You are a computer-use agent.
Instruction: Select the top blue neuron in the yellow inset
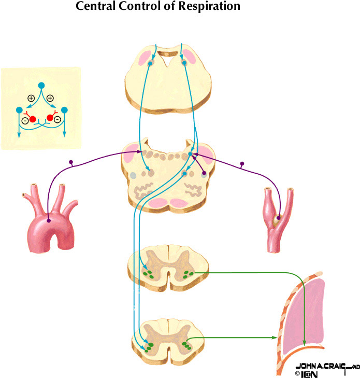42,85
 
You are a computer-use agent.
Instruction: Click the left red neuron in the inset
33,119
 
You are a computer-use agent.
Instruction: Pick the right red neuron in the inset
50,118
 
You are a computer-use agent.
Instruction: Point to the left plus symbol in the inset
31,97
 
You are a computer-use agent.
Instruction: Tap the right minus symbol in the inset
57,120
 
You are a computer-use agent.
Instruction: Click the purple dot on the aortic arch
48,221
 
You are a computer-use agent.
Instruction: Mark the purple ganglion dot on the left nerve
72,163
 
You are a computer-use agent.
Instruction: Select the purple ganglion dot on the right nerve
241,164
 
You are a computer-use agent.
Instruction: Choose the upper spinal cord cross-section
168,267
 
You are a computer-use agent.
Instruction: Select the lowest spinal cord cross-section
168,340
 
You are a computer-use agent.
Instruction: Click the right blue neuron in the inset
65,110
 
